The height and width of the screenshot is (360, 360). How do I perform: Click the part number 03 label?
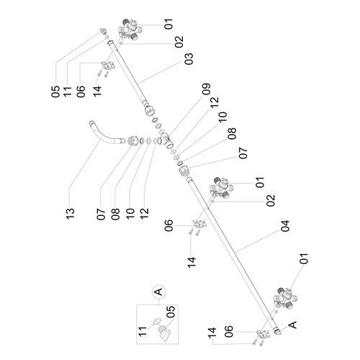[x=189, y=59]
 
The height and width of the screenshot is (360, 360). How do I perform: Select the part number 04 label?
[x=285, y=226]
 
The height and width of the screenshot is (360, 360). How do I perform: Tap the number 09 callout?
[x=206, y=89]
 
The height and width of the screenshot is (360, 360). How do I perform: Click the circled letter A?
[x=158, y=292]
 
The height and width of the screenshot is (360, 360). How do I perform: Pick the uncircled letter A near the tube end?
[x=292, y=325]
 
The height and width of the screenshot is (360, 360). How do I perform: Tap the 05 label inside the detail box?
[x=171, y=312]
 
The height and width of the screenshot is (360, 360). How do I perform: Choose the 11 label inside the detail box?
[x=143, y=331]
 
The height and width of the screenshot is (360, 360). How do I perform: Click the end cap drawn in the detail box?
[x=164, y=333]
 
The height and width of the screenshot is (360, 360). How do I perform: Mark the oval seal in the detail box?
[x=156, y=320]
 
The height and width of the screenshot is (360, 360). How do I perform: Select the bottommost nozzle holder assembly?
[x=286, y=298]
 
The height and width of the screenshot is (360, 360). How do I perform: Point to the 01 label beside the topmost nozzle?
[x=168, y=24]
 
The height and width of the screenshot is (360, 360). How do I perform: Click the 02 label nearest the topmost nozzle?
[x=179, y=42]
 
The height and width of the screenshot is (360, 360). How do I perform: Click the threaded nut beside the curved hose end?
[x=132, y=140]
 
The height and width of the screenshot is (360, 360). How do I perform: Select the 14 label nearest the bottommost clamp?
[x=212, y=333]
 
